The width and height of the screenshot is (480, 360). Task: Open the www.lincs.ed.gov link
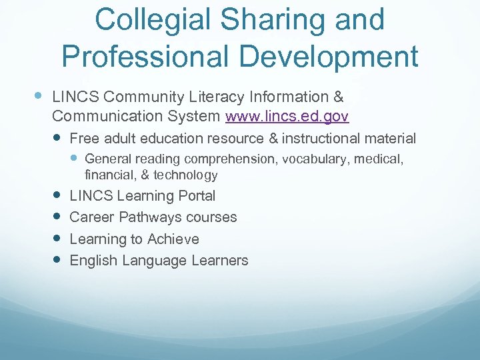coord(287,116)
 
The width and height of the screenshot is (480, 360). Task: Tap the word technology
coord(185,175)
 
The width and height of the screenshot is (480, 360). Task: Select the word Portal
coord(197,196)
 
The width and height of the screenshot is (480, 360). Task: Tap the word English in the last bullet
coord(92,261)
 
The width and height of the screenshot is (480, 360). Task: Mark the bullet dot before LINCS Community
coord(39,96)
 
